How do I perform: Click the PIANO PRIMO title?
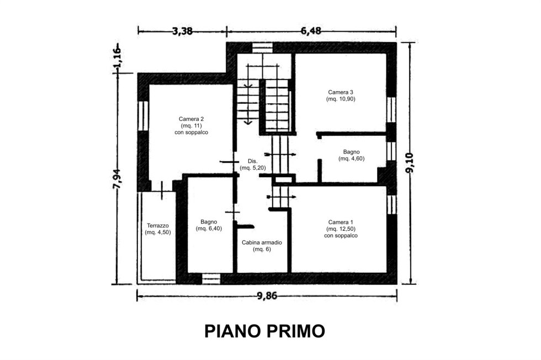264,331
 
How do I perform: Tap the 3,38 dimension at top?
183,31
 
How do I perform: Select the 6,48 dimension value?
311,31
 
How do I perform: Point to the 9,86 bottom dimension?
267,296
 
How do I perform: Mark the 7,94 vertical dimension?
117,179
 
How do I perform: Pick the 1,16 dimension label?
117,57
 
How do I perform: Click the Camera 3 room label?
341,92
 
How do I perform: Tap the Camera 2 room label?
191,119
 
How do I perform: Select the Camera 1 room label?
341,223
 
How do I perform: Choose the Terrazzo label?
158,226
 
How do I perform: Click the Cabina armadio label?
262,242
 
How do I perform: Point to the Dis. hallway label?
253,161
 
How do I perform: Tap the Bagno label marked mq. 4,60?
351,152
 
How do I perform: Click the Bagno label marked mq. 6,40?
209,222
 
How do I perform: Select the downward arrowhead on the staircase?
247,121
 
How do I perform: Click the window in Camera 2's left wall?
143,115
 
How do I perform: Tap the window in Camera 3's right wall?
391,110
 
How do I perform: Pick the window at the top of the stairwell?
263,47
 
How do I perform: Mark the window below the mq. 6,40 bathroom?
211,279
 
